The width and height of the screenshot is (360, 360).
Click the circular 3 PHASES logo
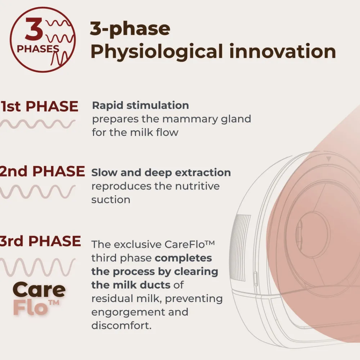(43, 40)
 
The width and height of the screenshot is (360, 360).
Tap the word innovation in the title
(283, 51)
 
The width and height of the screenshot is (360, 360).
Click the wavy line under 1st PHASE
(38, 124)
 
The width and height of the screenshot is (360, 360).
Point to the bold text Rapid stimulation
(140, 105)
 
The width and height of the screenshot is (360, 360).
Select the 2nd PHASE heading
(42, 171)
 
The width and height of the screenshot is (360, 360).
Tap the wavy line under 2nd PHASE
(38, 192)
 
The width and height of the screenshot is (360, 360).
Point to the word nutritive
(197, 186)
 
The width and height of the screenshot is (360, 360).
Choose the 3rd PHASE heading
(40, 241)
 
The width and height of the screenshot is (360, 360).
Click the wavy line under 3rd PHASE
(38, 267)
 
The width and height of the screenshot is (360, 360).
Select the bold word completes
(183, 258)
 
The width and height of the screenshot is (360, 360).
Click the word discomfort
(121, 325)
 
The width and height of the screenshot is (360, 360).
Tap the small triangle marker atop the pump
(329, 159)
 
